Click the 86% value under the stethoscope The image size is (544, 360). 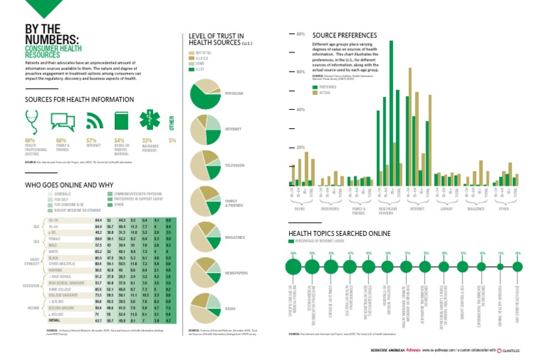(30, 140)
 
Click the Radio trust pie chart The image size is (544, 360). (206, 309)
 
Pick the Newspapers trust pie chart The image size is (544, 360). (206, 273)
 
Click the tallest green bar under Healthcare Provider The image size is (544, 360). (391, 113)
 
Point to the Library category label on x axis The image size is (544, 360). (446, 209)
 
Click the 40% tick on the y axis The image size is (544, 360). (300, 110)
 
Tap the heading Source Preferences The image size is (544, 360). (339, 34)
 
